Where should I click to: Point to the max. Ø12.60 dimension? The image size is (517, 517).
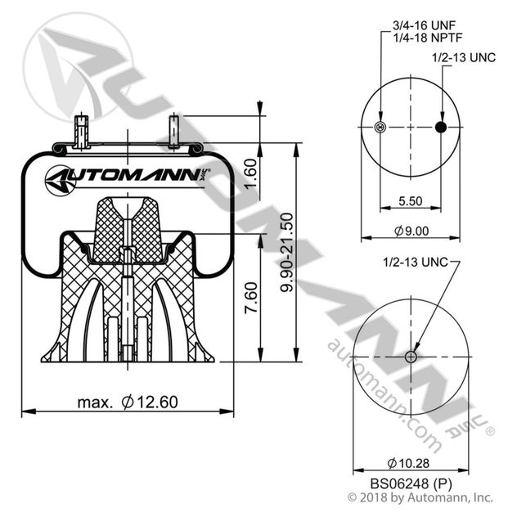pos(128,402)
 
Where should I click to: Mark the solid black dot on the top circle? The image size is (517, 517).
pos(441,127)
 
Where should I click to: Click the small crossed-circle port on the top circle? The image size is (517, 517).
pos(379,127)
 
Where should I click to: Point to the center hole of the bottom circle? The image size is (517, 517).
pos(411,357)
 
